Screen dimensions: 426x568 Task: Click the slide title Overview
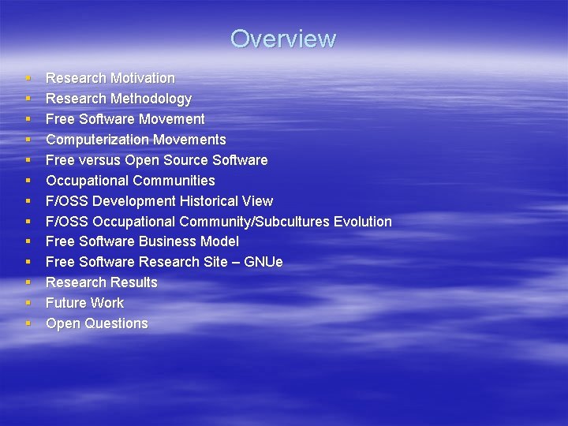(x=283, y=39)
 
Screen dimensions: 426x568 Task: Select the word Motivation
(x=143, y=78)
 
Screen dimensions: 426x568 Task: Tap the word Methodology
(x=151, y=99)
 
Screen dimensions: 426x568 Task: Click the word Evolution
(x=363, y=222)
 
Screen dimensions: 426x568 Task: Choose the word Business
(x=169, y=241)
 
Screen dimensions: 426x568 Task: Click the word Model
(x=220, y=241)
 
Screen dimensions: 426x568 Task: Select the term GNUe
(x=264, y=262)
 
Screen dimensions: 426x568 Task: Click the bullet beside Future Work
(x=27, y=303)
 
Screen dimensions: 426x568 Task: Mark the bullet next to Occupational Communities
(x=27, y=181)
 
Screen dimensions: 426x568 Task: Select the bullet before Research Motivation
(x=27, y=78)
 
